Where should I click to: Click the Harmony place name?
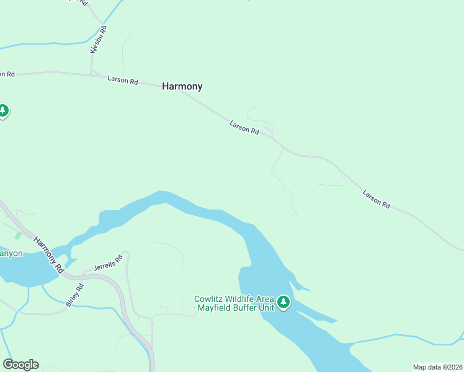182,87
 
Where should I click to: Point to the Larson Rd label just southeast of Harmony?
244,127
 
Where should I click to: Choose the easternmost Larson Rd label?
377,199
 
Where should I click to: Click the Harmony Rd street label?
49,255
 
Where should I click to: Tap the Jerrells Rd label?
105,265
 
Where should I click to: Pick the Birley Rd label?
74,295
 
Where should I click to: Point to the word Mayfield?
216,308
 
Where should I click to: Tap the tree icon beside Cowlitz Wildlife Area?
283,302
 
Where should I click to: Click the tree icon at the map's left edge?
3,111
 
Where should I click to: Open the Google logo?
20,365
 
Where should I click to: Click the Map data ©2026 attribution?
437,367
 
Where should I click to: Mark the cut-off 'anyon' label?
11,253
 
